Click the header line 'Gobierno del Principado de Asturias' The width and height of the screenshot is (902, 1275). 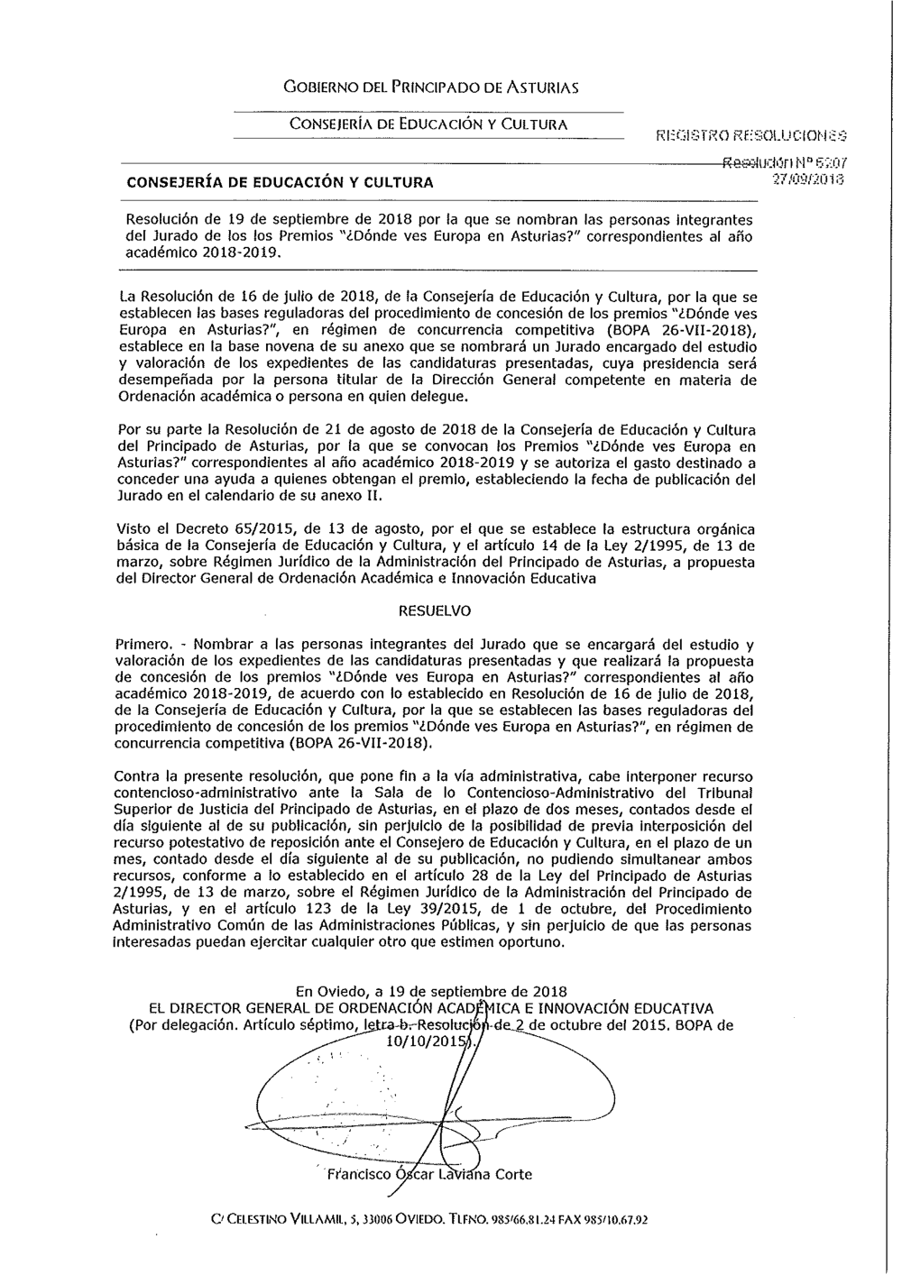tap(430, 87)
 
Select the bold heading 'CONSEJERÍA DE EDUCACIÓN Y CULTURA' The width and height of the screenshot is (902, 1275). tap(280, 182)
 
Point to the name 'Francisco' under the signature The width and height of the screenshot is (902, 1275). tap(359, 1175)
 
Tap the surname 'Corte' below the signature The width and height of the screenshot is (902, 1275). tap(513, 1175)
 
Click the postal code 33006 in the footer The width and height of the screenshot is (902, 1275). tap(343, 1220)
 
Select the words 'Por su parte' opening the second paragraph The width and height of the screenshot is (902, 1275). tap(155, 429)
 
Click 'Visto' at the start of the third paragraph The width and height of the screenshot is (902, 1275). tap(134, 528)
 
